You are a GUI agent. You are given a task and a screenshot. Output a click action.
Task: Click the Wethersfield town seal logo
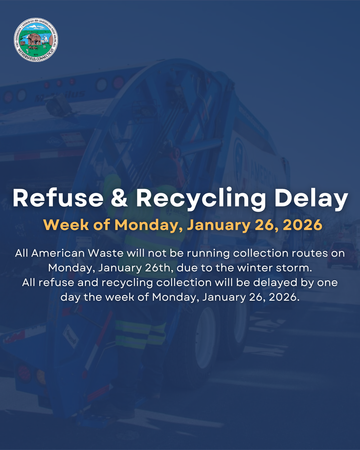pyautogui.click(x=36, y=40)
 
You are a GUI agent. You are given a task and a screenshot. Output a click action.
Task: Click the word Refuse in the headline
pyautogui.click(x=58, y=198)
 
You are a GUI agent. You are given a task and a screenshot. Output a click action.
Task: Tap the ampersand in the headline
pyautogui.click(x=119, y=198)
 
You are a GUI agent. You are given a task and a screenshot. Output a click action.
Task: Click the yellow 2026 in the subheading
pyautogui.click(x=302, y=225)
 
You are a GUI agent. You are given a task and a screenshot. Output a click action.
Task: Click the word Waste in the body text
pyautogui.click(x=105, y=253)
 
